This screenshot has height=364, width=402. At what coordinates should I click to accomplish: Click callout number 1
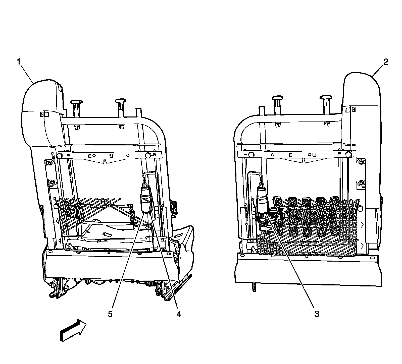pos(19,62)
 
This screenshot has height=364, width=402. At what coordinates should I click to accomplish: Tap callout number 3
pos(317,314)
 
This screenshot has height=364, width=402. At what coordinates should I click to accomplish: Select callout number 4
pos(179,314)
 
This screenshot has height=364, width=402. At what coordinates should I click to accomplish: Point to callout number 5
pos(110,314)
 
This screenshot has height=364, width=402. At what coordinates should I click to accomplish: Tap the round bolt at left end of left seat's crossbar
pos(60,155)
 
